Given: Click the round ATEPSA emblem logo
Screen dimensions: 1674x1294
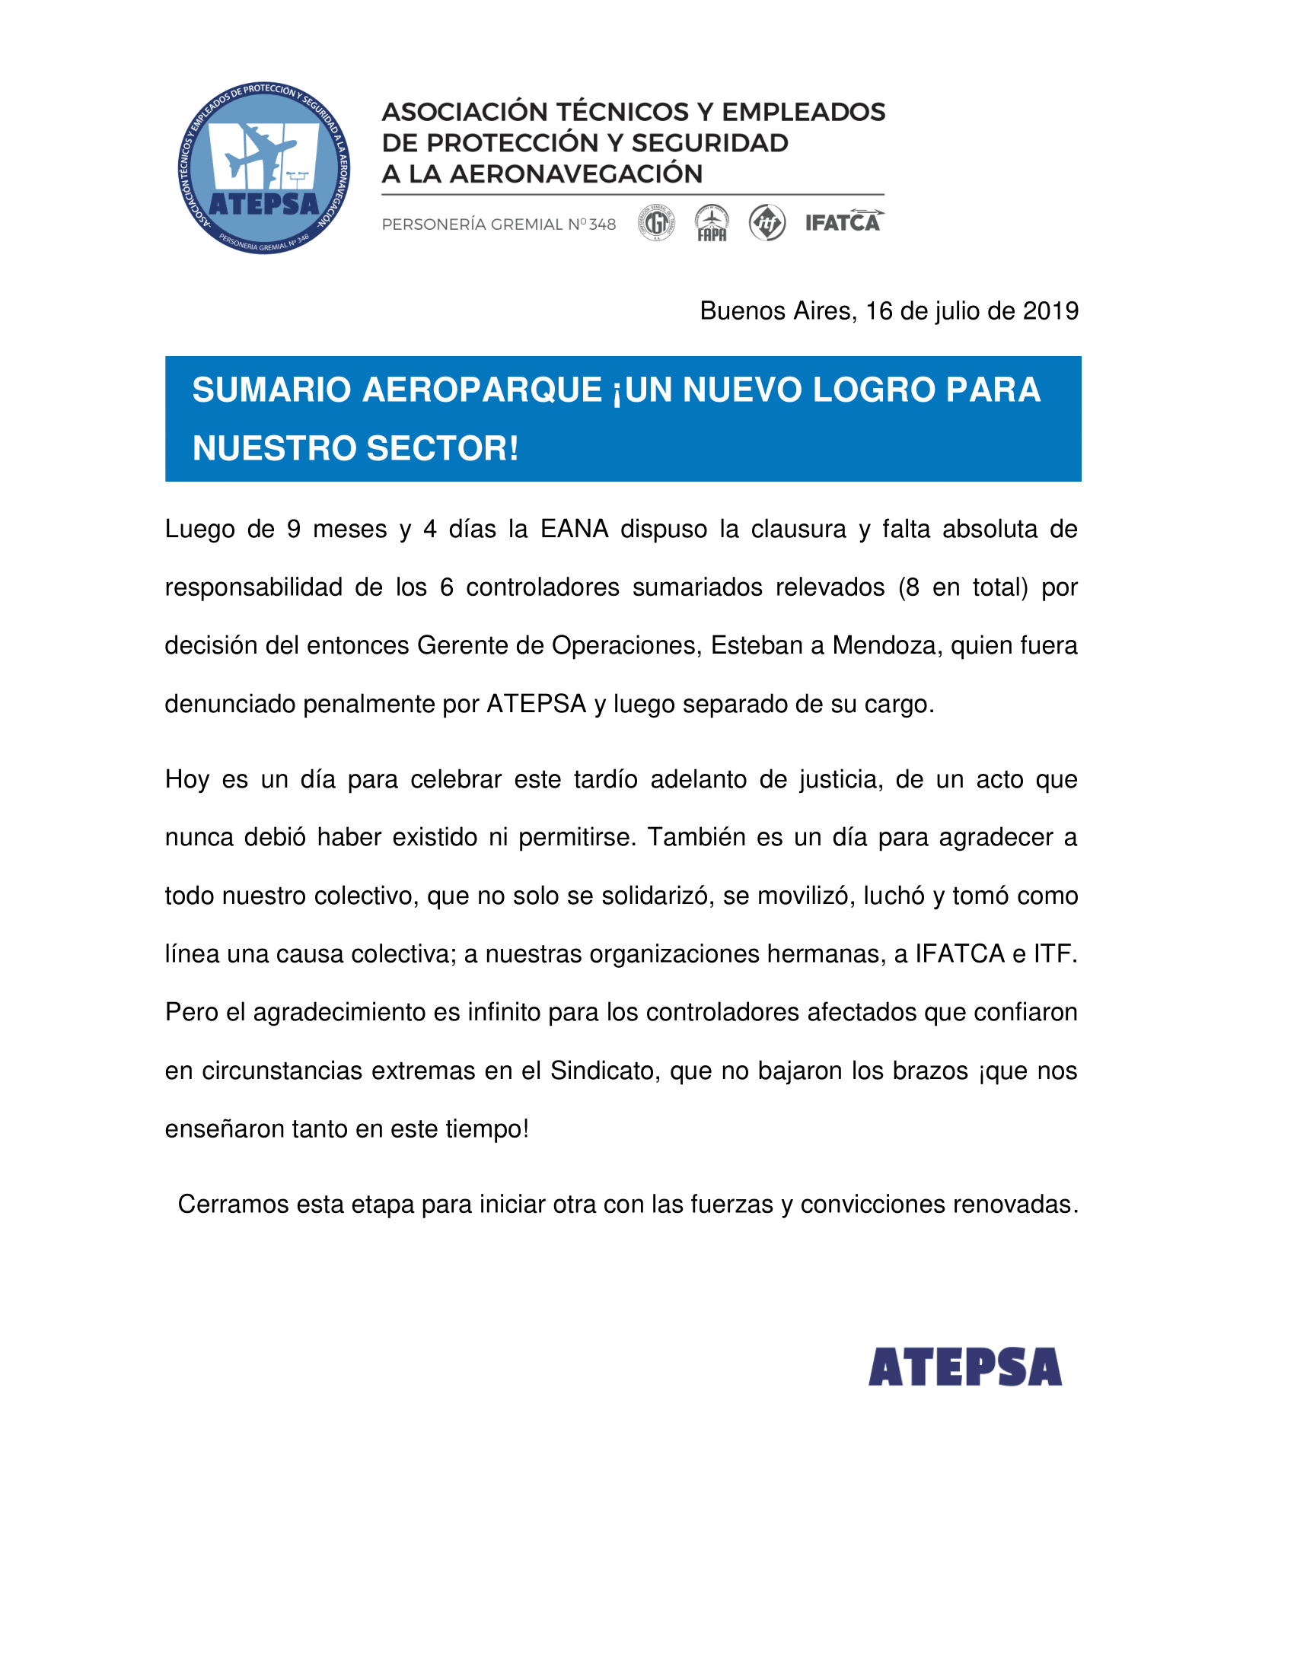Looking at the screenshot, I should click(x=263, y=168).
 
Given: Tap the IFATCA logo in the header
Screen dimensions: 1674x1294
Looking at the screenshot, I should click(x=843, y=222).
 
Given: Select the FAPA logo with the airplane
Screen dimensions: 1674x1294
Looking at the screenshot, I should click(x=712, y=223).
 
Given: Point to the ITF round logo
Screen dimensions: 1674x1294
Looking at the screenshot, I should click(x=767, y=223).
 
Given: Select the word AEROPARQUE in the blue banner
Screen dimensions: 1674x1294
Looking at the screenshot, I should click(x=481, y=390).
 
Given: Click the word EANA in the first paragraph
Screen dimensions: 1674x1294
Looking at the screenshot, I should click(x=574, y=530).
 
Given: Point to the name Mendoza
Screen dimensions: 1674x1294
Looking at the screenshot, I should click(x=884, y=646).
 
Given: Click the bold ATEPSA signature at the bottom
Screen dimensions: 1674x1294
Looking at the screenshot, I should click(x=964, y=1367).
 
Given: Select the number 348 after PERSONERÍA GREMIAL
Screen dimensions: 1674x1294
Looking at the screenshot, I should click(x=603, y=224).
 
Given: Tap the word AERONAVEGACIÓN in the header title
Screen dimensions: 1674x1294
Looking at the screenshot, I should click(x=575, y=174).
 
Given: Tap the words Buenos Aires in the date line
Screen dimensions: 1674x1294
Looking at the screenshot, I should click(x=777, y=311).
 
